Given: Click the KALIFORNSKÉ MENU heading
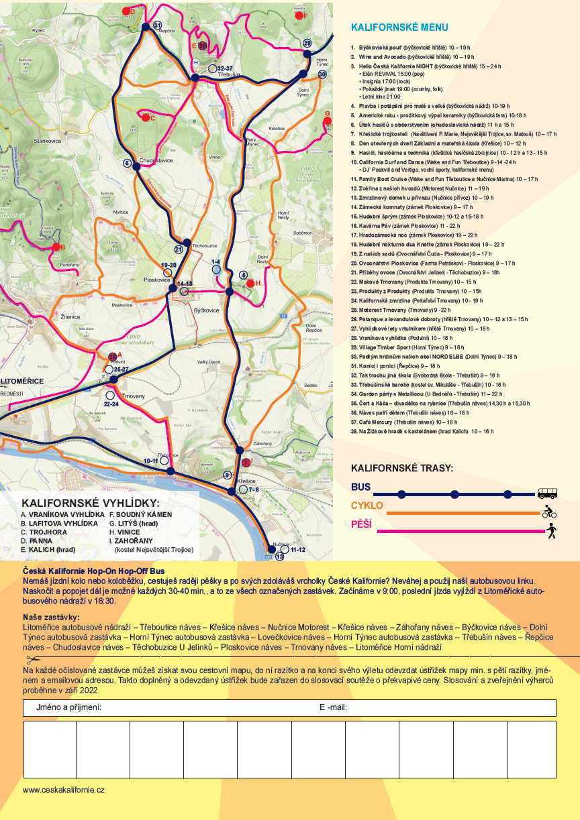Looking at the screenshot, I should point(399,27).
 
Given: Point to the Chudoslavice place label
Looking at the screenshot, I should point(156,160).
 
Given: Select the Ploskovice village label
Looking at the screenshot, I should point(157,279).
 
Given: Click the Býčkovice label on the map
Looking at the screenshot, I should point(207,294).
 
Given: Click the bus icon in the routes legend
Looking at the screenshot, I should point(548,493).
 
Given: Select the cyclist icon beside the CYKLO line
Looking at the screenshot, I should point(549,512).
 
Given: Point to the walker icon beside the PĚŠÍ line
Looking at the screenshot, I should point(552,531).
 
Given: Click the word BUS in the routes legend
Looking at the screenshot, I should point(360,487).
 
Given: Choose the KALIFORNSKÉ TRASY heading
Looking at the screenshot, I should point(402,468).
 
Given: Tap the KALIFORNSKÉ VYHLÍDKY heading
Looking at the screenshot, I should point(91,503).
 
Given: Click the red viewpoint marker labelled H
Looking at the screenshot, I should point(250,284).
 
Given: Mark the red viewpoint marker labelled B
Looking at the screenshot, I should point(55,247).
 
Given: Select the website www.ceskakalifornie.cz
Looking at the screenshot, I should point(64,790).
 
